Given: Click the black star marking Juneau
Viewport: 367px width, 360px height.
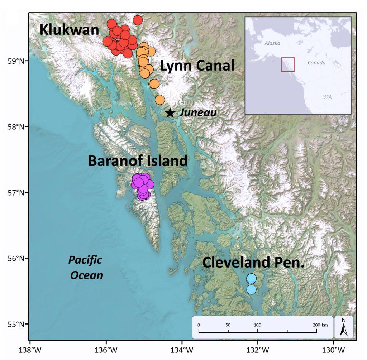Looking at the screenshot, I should (170, 112).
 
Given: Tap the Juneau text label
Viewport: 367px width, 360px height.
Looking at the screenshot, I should (198, 112).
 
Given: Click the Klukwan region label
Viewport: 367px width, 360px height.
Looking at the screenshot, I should (69, 30).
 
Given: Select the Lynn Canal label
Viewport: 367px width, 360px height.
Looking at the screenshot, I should (197, 66).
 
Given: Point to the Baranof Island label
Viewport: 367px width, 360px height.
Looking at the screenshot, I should (138, 161).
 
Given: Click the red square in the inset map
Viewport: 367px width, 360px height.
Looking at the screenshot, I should (288, 64).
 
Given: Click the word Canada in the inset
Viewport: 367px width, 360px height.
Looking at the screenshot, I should (316, 63).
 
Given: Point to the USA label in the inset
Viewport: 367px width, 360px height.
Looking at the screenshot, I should (327, 97).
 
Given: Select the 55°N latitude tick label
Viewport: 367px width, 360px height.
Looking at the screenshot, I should (16, 324).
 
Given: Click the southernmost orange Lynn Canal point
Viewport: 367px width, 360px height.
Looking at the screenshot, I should (160, 100).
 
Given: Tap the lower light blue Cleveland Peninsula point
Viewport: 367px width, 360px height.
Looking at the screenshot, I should (252, 289).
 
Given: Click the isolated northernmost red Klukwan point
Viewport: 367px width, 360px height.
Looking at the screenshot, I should (138, 20).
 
